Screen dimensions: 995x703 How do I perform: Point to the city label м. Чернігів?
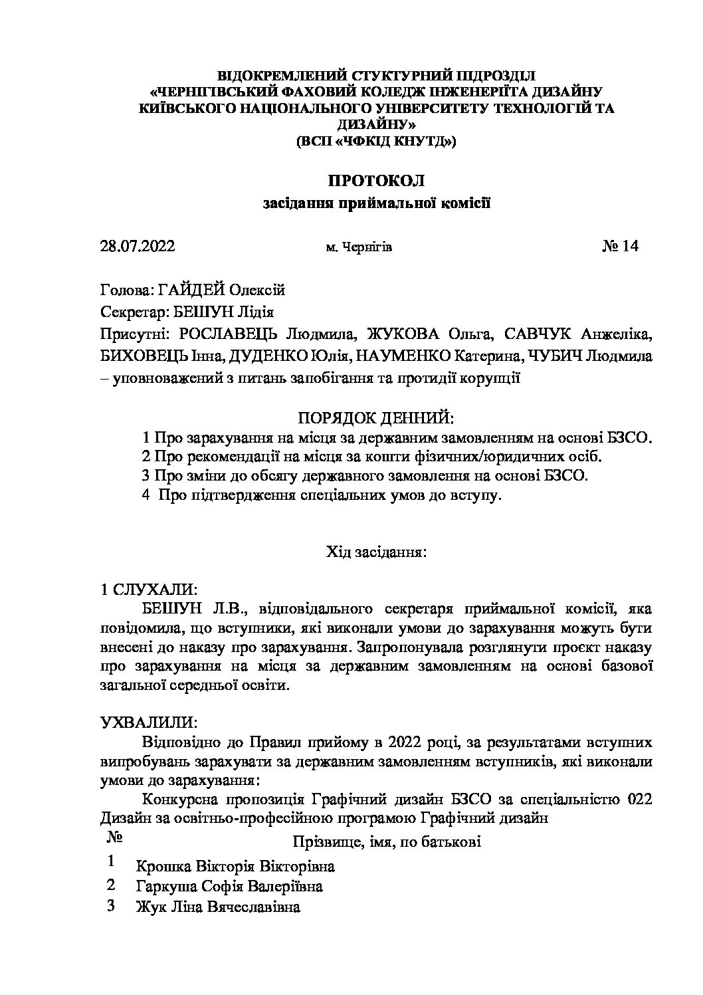coord(358,248)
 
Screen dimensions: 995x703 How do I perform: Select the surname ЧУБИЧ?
coord(557,356)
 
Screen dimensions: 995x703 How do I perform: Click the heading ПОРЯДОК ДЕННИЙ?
coord(375,418)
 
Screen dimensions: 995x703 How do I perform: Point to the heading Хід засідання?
coord(375,552)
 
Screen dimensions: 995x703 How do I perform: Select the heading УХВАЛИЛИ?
coord(148,722)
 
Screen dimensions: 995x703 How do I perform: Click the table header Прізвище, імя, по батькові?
coord(387,842)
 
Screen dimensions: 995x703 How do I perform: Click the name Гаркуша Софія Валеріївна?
coord(229,887)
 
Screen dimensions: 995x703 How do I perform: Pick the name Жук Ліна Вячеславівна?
coord(217,907)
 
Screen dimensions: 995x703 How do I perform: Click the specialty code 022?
coord(639,800)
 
